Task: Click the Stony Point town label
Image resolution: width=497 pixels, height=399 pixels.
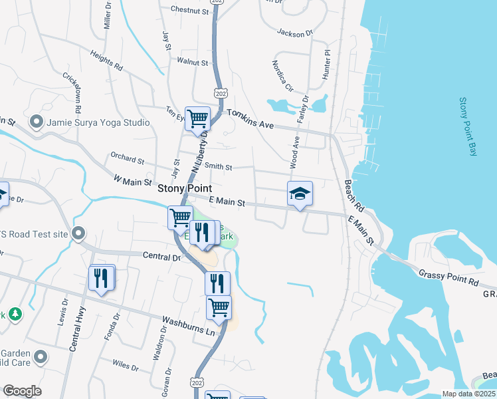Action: point(184,188)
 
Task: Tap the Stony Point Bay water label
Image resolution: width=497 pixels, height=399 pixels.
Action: point(468,127)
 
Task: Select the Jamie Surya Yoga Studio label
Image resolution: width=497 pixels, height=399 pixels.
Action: point(98,122)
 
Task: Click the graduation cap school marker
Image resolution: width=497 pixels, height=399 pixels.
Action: point(300,194)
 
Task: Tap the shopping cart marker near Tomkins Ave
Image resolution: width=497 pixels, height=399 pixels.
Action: point(197,119)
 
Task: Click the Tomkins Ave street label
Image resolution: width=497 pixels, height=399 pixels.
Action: point(250,118)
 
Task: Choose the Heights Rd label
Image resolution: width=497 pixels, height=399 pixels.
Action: point(106,62)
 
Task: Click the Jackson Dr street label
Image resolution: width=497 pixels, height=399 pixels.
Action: point(294,33)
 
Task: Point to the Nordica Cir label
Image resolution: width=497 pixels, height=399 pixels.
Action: point(282,75)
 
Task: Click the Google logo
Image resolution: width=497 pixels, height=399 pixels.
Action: point(22,391)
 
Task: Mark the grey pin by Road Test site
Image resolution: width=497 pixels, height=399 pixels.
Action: point(78,233)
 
